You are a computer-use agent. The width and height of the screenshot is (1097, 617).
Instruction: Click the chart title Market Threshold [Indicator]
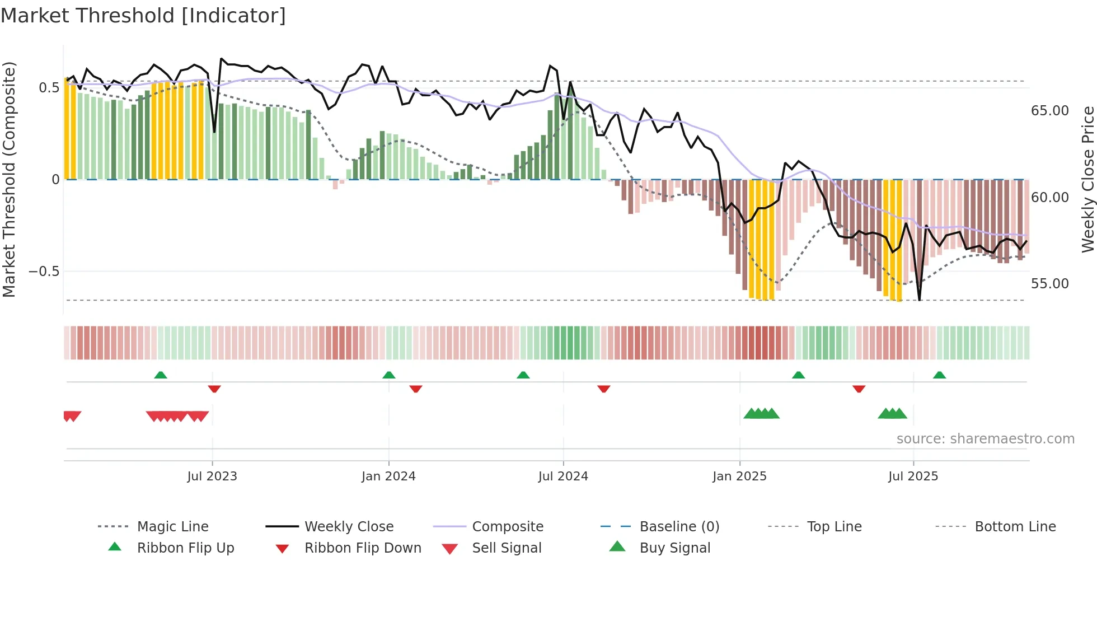pyautogui.click(x=143, y=16)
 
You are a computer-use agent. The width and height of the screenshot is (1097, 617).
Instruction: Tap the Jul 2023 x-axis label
pyautogui.click(x=212, y=476)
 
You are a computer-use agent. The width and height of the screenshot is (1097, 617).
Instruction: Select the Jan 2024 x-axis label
pyautogui.click(x=388, y=476)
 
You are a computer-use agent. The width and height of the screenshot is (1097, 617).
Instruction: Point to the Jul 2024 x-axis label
pyautogui.click(x=563, y=476)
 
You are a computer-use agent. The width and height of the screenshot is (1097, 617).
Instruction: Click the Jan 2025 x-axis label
pyautogui.click(x=739, y=476)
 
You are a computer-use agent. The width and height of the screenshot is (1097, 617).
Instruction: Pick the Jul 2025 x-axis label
pyautogui.click(x=913, y=476)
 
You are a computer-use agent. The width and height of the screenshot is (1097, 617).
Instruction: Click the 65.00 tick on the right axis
pyautogui.click(x=1049, y=111)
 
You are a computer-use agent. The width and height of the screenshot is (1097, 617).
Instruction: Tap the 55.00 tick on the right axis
pyautogui.click(x=1049, y=284)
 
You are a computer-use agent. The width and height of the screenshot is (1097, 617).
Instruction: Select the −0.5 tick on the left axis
pyautogui.click(x=44, y=272)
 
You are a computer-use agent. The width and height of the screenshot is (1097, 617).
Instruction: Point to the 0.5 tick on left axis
pyautogui.click(x=49, y=88)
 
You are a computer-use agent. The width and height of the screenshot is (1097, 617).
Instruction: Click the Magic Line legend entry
pyautogui.click(x=172, y=527)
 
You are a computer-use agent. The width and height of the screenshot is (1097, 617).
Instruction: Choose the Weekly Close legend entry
pyautogui.click(x=349, y=527)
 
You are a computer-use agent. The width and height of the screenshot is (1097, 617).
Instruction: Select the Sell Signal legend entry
pyautogui.click(x=507, y=548)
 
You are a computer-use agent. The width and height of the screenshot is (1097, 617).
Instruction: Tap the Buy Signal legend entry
pyautogui.click(x=674, y=548)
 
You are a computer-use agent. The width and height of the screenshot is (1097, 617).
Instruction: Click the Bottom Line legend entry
pyautogui.click(x=1015, y=527)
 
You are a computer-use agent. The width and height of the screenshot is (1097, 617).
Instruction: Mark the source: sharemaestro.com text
pyautogui.click(x=985, y=439)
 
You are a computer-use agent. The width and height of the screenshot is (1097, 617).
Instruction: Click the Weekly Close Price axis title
pyautogui.click(x=1087, y=179)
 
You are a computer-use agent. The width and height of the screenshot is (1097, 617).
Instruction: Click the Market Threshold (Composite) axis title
pyautogui.click(x=9, y=179)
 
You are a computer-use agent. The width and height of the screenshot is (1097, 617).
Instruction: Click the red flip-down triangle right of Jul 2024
pyautogui.click(x=603, y=389)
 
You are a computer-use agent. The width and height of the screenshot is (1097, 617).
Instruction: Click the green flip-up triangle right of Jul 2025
pyautogui.click(x=939, y=375)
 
